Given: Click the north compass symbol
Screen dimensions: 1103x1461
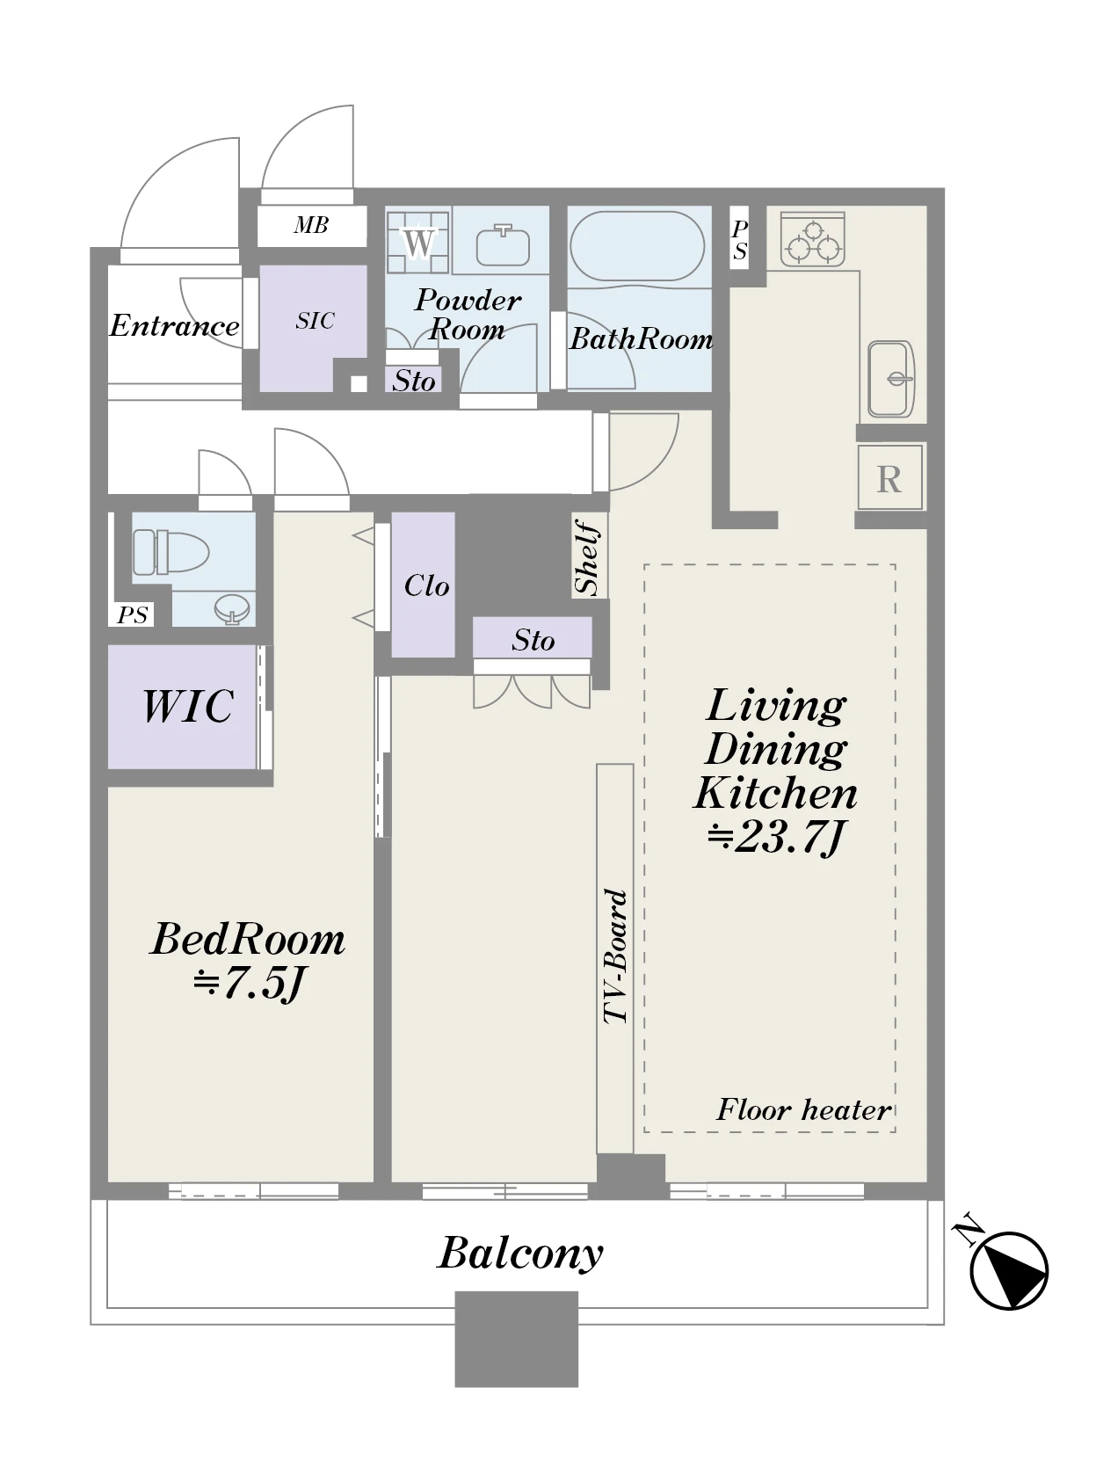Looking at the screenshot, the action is [x=1007, y=1270].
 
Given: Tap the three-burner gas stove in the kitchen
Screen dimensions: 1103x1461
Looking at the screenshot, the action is [x=812, y=240].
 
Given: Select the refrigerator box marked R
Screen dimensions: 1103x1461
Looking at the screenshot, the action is [x=889, y=478].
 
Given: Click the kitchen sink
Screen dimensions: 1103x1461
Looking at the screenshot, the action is [x=890, y=380].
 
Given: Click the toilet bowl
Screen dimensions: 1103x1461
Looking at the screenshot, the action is [x=171, y=552].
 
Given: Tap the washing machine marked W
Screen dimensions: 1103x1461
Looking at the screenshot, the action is [x=417, y=242].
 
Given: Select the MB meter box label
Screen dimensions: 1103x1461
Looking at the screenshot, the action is [x=310, y=225].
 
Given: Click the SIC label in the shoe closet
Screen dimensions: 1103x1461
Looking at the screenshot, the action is [x=315, y=321].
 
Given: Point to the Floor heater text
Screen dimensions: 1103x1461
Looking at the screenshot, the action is [x=803, y=1109].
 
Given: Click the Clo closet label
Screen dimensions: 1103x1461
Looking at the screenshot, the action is [x=426, y=585].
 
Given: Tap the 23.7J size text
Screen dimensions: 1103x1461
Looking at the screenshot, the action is [x=776, y=837].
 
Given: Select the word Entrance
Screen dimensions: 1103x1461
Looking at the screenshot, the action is [x=174, y=325].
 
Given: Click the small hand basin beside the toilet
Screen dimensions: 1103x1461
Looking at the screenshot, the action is [x=232, y=608].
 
